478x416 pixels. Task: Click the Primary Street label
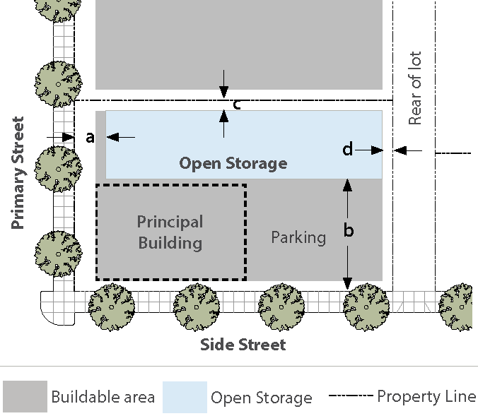point(18,173)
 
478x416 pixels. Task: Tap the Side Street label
point(243,345)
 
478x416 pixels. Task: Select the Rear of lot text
point(415,88)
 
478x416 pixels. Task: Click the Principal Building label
point(170,232)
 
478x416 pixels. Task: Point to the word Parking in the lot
point(298,237)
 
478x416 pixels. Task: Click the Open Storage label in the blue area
point(233,164)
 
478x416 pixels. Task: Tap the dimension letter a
point(90,138)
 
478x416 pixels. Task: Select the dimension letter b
point(348,231)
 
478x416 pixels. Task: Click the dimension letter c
point(237,105)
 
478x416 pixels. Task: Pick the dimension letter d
point(347,150)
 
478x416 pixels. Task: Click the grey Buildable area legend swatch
point(25,397)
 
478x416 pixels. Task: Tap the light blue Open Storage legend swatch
point(185,397)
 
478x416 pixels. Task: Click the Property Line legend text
point(426,396)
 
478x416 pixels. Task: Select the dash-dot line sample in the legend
point(350,397)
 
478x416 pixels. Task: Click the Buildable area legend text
point(103,397)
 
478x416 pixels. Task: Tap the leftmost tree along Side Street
point(111,307)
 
